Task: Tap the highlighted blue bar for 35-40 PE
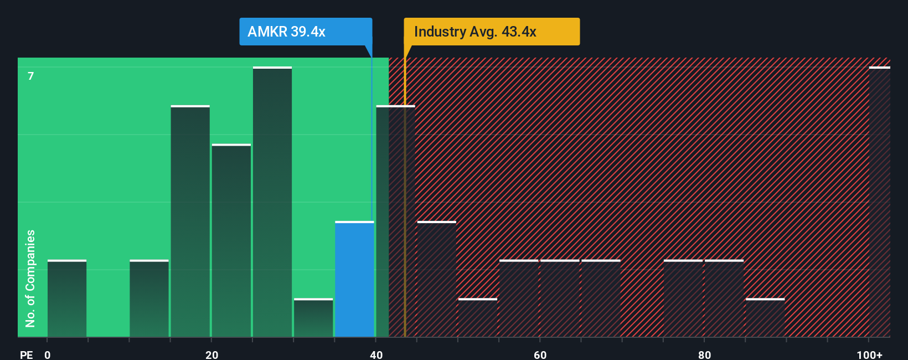(354, 280)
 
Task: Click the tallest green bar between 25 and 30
(272, 202)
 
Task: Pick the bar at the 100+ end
(879, 202)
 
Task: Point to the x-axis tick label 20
(211, 354)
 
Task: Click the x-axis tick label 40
(376, 354)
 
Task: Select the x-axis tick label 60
(540, 354)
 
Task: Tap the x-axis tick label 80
(704, 354)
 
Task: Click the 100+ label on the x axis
(869, 354)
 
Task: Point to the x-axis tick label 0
(48, 354)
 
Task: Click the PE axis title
(26, 354)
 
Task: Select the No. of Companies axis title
(30, 279)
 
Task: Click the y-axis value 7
(31, 76)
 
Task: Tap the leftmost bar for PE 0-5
(67, 299)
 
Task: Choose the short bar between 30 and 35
(313, 318)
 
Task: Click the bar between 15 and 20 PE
(190, 222)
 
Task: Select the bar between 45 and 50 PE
(436, 280)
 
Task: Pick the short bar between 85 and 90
(765, 318)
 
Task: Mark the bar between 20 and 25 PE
(231, 241)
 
